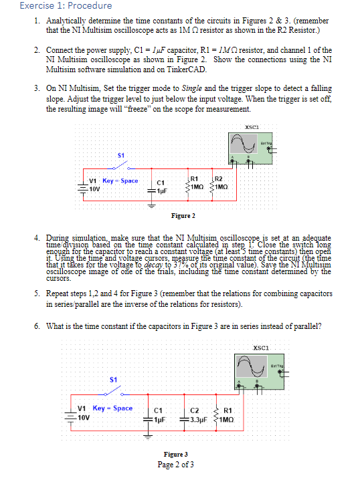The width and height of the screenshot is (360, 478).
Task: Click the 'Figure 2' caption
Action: click(x=183, y=216)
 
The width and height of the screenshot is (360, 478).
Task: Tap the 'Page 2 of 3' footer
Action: click(x=176, y=464)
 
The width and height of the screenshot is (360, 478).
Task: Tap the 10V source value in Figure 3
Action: click(x=84, y=417)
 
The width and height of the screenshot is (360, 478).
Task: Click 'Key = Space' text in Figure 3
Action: click(x=112, y=408)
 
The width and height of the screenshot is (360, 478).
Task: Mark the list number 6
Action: click(x=35, y=326)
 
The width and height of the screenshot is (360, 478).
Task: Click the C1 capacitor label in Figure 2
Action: click(x=161, y=182)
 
